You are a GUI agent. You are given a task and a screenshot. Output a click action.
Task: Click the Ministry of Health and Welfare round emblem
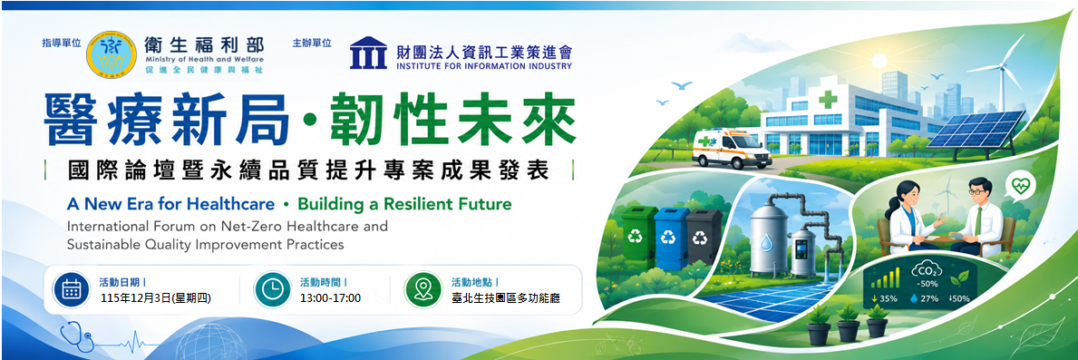(111, 53)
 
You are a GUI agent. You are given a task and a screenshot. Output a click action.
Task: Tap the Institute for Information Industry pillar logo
(368, 53)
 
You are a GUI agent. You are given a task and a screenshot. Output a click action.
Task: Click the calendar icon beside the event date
(71, 289)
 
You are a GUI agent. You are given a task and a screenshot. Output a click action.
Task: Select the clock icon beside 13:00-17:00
(272, 289)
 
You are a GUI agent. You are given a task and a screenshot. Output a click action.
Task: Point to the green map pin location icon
(422, 289)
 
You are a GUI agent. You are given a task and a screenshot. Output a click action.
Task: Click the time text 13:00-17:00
(330, 298)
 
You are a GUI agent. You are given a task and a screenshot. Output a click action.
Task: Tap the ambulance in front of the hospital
(731, 148)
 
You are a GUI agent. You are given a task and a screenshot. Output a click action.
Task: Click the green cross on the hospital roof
(828, 99)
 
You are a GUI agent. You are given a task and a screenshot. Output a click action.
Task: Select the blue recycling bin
(670, 239)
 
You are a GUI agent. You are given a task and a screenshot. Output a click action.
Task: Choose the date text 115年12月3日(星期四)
(155, 298)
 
